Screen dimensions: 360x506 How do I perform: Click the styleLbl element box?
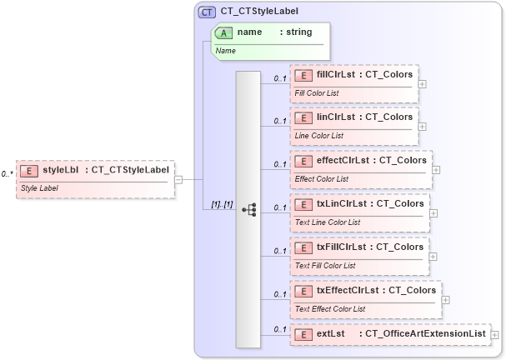pyautogui.click(x=95, y=178)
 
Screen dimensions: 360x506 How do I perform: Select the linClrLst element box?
pyautogui.click(x=353, y=125)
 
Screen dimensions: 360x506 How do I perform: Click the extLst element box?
pyautogui.click(x=389, y=334)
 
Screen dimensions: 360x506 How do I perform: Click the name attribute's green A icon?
pyautogui.click(x=224, y=32)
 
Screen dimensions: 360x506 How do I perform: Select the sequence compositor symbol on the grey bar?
pyautogui.click(x=248, y=210)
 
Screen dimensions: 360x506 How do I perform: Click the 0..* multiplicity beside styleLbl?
pyautogui.click(x=7, y=173)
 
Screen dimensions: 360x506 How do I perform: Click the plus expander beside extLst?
pyautogui.click(x=495, y=334)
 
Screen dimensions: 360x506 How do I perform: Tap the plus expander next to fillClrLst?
pyautogui.click(x=423, y=83)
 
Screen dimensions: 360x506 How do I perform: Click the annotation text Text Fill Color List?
pyautogui.click(x=325, y=266)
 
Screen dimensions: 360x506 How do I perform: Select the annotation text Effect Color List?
pyautogui.click(x=322, y=179)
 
